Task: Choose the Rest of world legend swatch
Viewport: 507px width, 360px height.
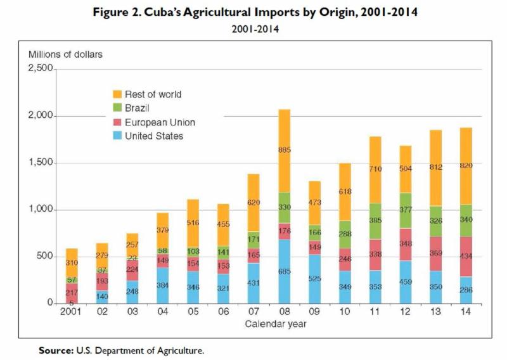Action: (117, 94)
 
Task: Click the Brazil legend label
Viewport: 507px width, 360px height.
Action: (138, 108)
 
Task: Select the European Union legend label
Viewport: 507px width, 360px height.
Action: (160, 122)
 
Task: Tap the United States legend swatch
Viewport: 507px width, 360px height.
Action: (117, 136)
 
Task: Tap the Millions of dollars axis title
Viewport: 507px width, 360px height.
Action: (65, 54)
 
